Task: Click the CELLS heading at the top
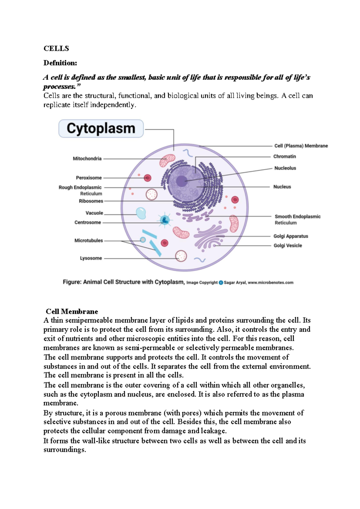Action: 56,49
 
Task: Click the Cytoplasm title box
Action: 101,128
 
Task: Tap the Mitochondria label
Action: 87,158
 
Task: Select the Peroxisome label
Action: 89,178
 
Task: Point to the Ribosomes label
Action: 91,201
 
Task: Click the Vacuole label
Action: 94,213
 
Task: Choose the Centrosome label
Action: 88,222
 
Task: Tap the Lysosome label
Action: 91,258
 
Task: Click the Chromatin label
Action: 284,156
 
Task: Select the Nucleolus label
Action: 285,168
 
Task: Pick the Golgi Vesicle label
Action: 288,245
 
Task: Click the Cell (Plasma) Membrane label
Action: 301,146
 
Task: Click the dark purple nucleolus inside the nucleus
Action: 181,181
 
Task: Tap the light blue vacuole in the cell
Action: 141,213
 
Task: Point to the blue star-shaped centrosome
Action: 164,220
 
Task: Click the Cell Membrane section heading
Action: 72,311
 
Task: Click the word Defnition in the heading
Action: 60,63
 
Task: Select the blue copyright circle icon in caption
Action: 221,282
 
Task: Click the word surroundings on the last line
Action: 64,450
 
